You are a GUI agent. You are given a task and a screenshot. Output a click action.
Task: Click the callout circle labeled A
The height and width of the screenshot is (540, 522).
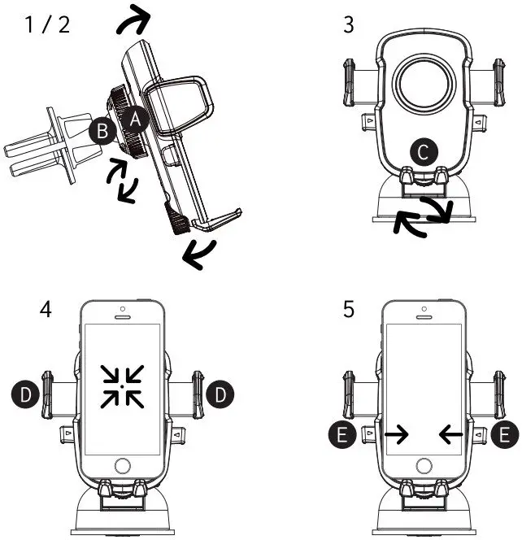click(136, 120)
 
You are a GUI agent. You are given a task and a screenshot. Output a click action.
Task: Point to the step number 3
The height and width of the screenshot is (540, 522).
click(349, 24)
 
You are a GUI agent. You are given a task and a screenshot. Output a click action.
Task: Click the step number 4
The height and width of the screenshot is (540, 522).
click(46, 311)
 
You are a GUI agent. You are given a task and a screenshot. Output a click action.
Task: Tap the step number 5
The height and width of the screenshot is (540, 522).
click(349, 311)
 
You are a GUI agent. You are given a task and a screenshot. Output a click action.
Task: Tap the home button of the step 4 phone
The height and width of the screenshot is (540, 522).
click(123, 466)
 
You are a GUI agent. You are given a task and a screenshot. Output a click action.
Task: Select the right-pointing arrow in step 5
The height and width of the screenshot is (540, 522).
click(397, 436)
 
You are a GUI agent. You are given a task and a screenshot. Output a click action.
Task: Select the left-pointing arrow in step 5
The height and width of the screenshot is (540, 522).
click(451, 436)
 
